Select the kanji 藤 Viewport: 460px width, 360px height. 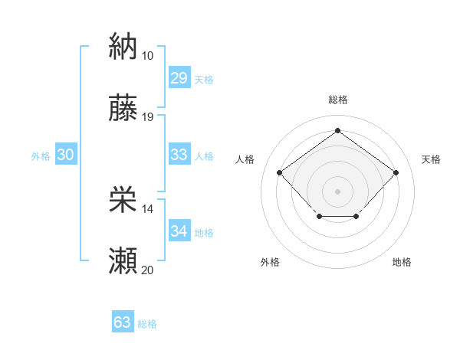point(123,108)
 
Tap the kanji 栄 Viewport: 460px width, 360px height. point(123,200)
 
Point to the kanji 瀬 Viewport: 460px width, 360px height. point(123,261)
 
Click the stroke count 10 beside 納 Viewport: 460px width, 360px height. point(147,56)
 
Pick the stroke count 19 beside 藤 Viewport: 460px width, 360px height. point(147,117)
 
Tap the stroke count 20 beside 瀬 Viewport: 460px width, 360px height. point(147,270)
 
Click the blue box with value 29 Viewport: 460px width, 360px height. point(179,78)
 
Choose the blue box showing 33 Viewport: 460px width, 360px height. point(179,155)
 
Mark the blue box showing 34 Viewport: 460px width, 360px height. point(179,231)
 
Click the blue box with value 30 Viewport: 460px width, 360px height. point(65,155)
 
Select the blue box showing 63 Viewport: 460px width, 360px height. point(123,322)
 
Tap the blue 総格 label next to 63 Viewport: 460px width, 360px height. point(147,324)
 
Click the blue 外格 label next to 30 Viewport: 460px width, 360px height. point(41,156)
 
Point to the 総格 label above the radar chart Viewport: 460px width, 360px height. point(337,100)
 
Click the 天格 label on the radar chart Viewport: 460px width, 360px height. point(431,159)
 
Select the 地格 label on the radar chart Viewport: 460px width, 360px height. point(402,262)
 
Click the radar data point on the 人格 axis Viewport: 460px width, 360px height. point(280,173)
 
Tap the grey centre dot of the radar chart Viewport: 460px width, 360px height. point(337,190)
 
